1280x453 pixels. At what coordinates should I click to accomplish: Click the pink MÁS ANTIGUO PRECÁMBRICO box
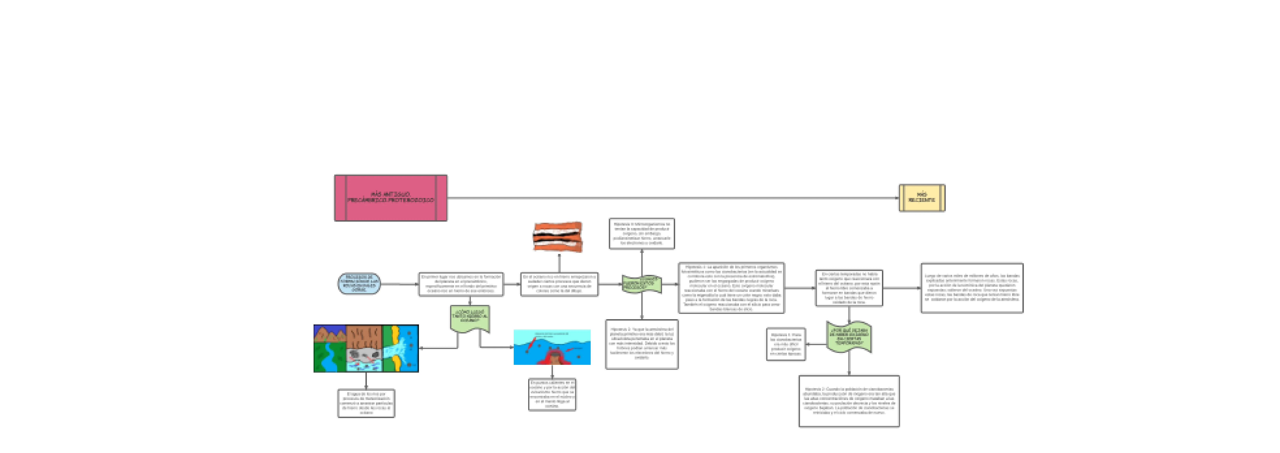tap(391, 198)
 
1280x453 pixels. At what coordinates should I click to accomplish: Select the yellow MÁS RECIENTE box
tap(922, 198)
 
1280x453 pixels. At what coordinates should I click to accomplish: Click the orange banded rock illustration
tap(557, 237)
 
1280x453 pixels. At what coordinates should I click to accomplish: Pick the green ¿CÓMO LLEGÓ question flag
tap(470, 318)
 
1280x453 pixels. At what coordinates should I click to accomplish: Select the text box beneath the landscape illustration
tap(366, 403)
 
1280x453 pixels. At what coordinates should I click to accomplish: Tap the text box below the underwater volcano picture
tap(552, 394)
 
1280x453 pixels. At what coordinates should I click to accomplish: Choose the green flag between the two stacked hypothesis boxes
tap(642, 284)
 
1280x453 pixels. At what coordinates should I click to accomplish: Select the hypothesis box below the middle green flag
tap(642, 344)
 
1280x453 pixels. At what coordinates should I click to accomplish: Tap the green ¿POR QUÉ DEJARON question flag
tap(849, 337)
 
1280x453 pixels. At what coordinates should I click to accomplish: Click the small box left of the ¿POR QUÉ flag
tap(786, 344)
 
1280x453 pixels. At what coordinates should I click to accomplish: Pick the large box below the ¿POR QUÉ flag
tap(849, 401)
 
